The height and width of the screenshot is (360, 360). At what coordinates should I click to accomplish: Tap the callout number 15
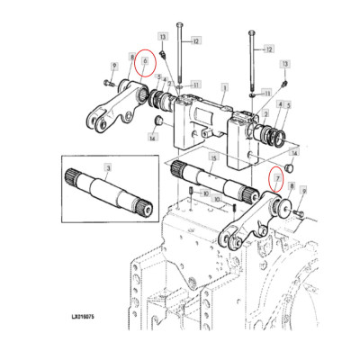pos(212,158)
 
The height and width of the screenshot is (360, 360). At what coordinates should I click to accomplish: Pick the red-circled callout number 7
pos(279,179)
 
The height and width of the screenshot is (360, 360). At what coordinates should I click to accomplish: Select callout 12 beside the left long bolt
pos(197,40)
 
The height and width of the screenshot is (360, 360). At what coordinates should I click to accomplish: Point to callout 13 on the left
pos(163,36)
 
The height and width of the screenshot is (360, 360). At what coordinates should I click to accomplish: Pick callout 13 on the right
pos(285,66)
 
